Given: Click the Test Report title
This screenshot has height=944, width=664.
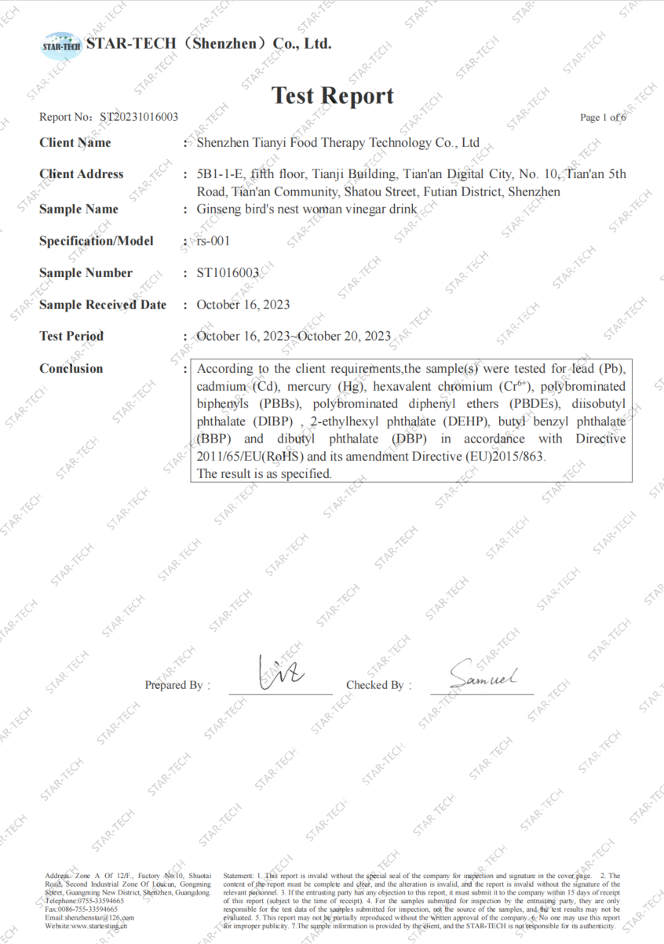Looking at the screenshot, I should coord(332,96).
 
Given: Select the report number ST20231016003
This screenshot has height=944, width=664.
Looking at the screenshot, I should coord(138,117).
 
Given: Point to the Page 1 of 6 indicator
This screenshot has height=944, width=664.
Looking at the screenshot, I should coord(602,118).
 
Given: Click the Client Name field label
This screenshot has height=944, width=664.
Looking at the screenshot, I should coord(75,143).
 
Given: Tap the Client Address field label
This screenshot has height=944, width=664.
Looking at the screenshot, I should coord(82,174).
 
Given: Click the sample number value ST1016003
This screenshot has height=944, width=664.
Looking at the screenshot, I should coord(228,273).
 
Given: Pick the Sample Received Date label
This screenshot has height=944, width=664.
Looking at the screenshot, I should coord(103,304).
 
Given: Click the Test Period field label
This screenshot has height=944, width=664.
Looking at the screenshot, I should coord(71,336).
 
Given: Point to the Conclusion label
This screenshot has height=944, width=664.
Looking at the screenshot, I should coord(71,368).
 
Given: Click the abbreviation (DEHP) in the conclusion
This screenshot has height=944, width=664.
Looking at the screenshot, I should coord(469,422).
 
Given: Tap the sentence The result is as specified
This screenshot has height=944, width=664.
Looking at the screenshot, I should coord(264,474).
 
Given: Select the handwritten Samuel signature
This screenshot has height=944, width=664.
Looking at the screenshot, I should coord(483,676).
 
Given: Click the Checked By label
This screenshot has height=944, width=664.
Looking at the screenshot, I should coord(374,685).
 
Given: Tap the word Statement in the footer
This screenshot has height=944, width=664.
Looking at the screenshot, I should coord(238,875).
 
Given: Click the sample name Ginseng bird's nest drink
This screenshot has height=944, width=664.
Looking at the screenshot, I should coord(307,210).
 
